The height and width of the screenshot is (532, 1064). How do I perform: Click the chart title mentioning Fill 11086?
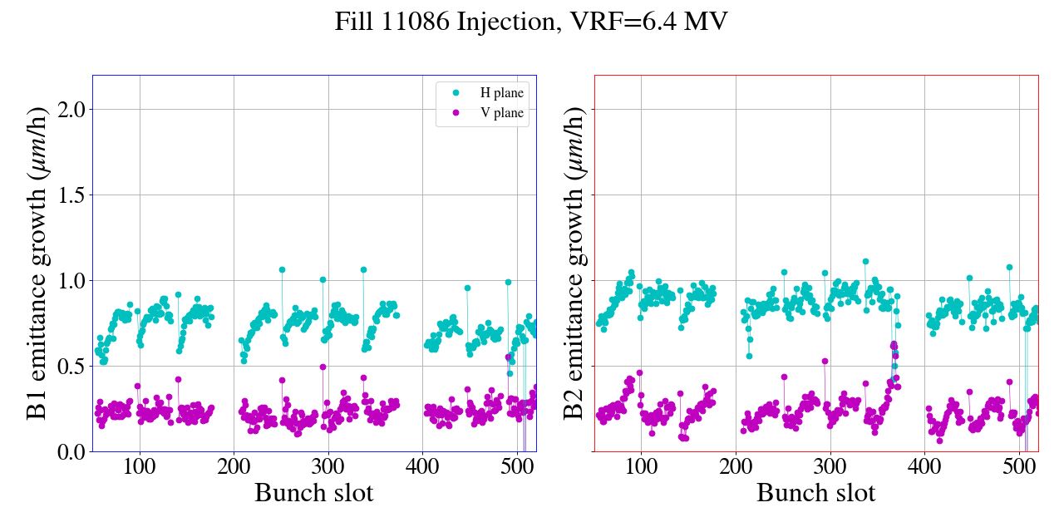click(531, 22)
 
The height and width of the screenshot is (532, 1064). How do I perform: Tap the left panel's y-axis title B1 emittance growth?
click(37, 263)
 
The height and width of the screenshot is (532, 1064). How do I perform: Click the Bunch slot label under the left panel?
click(313, 493)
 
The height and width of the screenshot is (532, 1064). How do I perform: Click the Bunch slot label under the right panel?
click(815, 493)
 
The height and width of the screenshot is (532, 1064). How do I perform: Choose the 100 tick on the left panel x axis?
click(140, 466)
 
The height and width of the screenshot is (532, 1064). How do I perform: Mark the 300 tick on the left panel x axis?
click(328, 466)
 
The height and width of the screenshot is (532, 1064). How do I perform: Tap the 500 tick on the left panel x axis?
click(517, 466)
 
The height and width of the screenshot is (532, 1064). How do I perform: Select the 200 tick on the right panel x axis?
click(736, 466)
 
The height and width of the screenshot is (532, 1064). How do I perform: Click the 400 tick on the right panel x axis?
click(924, 466)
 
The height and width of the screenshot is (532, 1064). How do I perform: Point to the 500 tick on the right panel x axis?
click(1019, 466)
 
